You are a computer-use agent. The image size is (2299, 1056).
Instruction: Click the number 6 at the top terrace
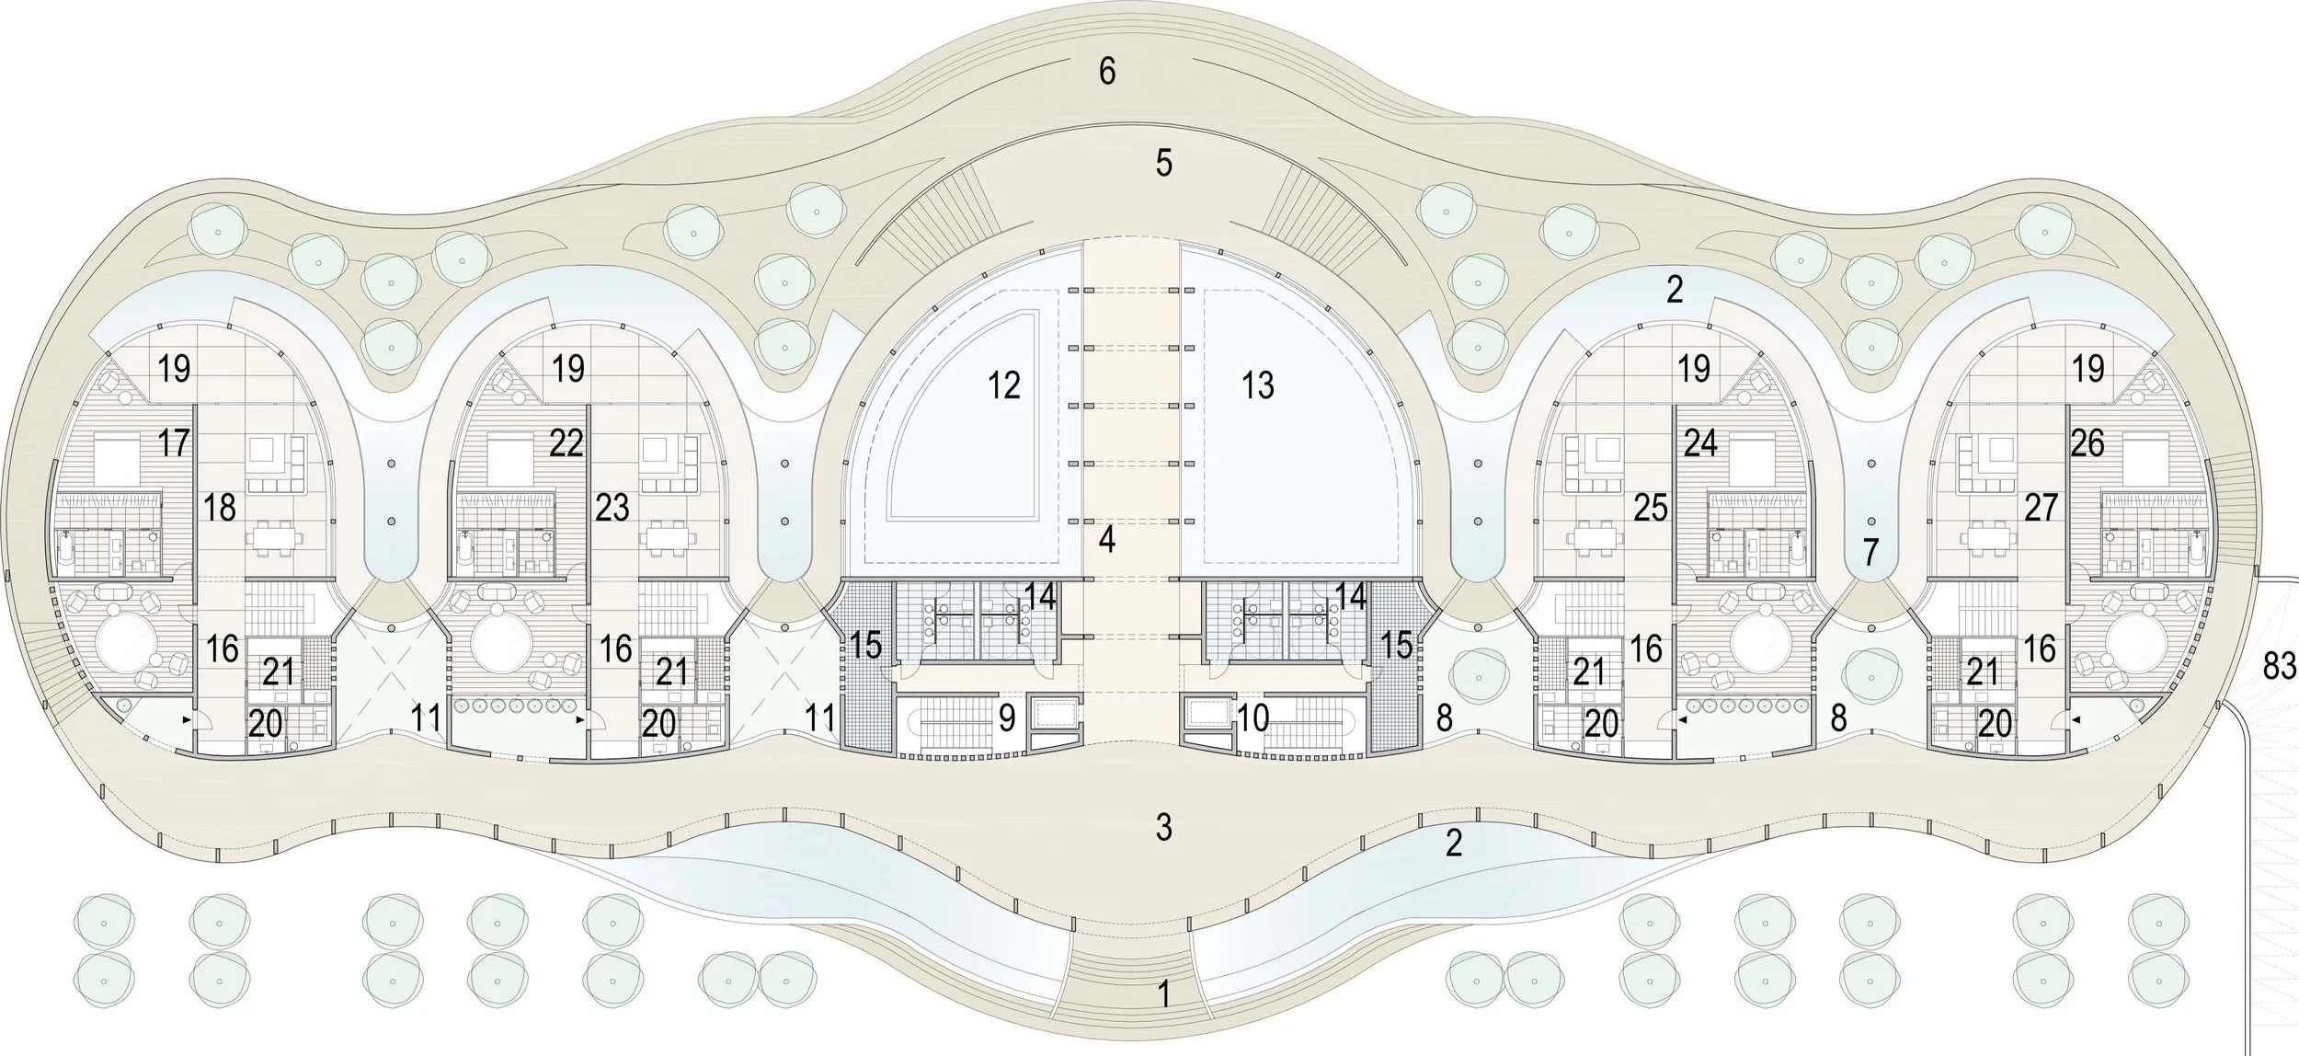coord(1107,71)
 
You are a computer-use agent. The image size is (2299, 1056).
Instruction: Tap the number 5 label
coord(1163,164)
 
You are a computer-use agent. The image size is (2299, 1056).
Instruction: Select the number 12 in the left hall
coord(1004,385)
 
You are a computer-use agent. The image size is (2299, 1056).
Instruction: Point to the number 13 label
coord(1257,385)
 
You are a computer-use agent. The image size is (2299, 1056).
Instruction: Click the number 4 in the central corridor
coord(1107,540)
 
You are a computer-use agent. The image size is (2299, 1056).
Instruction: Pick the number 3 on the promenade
coord(1163,828)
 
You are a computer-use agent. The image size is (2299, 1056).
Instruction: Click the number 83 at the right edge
coord(2279,665)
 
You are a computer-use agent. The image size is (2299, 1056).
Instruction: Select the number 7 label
coord(1869,553)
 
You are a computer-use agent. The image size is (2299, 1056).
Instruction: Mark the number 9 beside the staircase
coord(1007,718)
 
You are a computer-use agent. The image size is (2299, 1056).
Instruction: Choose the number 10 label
coord(1252,718)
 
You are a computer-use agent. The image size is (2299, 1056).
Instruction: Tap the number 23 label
coord(612,507)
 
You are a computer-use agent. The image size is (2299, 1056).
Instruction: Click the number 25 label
coord(1651,507)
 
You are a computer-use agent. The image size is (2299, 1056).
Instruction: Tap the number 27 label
coord(2041,507)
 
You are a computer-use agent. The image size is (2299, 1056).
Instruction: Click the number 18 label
coord(219,507)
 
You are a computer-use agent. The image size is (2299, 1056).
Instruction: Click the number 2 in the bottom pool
coord(1453,843)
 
